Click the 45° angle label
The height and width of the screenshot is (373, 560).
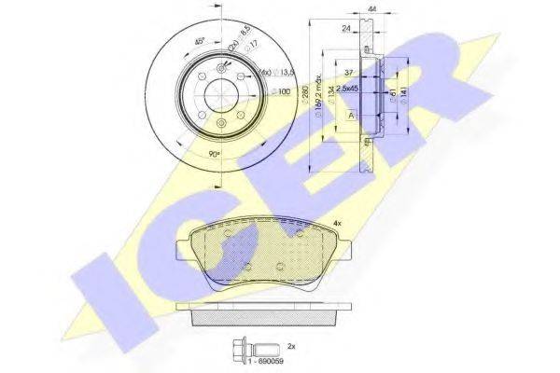[x=200, y=42]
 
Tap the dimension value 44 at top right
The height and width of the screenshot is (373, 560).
[x=373, y=9]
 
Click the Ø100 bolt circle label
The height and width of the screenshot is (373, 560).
[x=283, y=92]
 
